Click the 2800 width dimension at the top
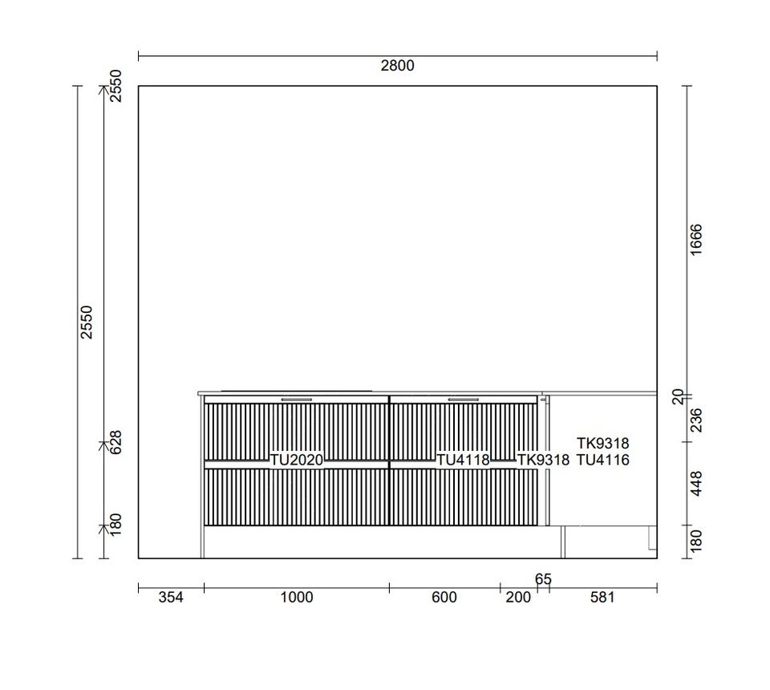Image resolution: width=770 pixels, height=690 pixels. pyautogui.click(x=397, y=65)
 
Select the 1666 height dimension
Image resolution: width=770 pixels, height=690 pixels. pyautogui.click(x=696, y=240)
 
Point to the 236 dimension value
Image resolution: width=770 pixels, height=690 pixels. pyautogui.click(x=696, y=420)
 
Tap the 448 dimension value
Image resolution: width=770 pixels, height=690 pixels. pyautogui.click(x=696, y=483)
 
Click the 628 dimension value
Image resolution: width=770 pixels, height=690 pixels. pyautogui.click(x=115, y=442)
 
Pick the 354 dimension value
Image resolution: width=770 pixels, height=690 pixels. pyautogui.click(x=171, y=597)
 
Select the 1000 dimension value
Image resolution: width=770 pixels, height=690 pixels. pyautogui.click(x=297, y=597)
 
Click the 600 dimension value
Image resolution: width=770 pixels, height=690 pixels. pyautogui.click(x=444, y=597)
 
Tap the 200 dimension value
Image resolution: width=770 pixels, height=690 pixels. pyautogui.click(x=518, y=597)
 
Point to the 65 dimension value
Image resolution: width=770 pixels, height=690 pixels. pyautogui.click(x=543, y=579)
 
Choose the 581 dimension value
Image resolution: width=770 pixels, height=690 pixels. pyautogui.click(x=602, y=597)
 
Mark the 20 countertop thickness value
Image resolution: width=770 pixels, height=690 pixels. pyautogui.click(x=678, y=397)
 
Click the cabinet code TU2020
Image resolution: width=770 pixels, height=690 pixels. pyautogui.click(x=297, y=461)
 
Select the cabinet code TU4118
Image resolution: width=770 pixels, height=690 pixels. pyautogui.click(x=463, y=461)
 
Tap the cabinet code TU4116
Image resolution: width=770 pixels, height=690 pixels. pyautogui.click(x=602, y=461)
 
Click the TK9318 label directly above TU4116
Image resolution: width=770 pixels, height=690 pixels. pyautogui.click(x=602, y=444)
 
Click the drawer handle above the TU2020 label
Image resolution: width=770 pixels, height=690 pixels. pyautogui.click(x=297, y=400)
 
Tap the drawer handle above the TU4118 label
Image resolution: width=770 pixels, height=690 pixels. pyautogui.click(x=463, y=400)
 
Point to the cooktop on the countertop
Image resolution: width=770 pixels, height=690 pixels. pyautogui.click(x=297, y=391)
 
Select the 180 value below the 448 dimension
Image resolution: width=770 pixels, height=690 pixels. pyautogui.click(x=696, y=541)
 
